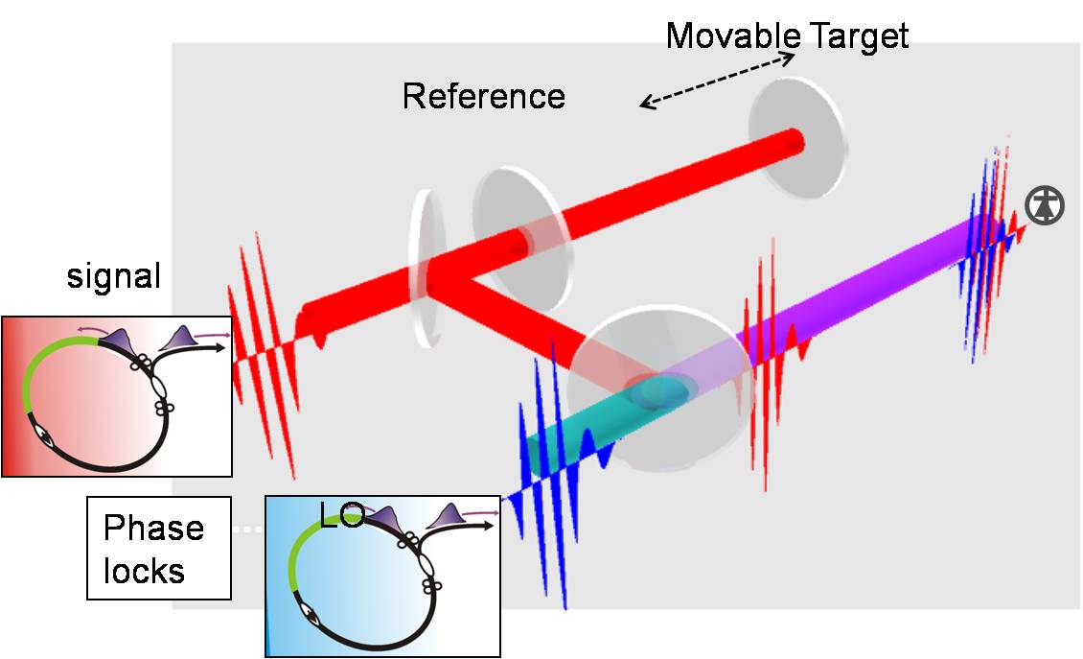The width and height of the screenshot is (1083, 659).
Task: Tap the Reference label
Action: click(483, 96)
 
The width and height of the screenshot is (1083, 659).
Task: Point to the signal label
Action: click(114, 277)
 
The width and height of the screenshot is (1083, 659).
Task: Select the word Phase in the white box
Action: click(153, 529)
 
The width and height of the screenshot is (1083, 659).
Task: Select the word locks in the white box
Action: click(144, 571)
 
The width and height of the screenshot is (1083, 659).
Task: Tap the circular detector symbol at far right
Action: click(1045, 205)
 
